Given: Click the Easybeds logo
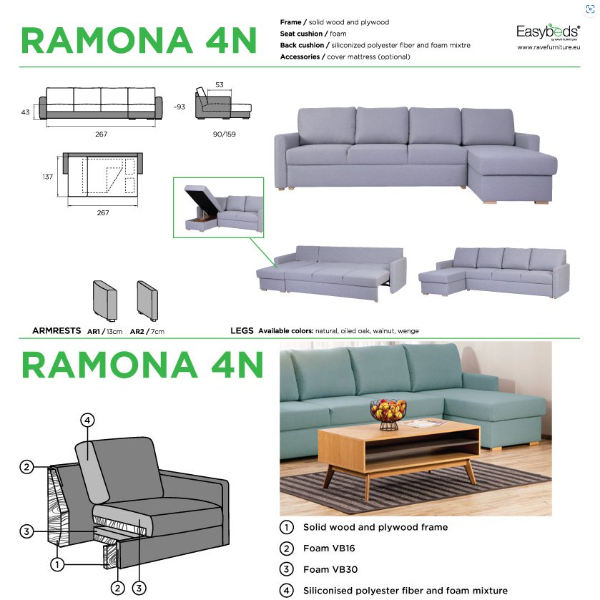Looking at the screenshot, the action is click(x=548, y=31).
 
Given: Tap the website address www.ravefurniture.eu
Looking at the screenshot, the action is click(x=549, y=47).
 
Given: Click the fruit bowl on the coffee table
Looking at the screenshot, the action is click(x=388, y=414).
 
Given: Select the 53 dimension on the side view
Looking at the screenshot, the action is click(x=220, y=84).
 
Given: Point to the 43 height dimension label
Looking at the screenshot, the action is click(x=25, y=112).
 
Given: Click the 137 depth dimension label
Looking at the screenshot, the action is click(x=47, y=177).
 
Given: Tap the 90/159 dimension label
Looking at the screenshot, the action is click(x=225, y=134).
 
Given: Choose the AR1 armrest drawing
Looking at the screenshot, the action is click(x=105, y=301).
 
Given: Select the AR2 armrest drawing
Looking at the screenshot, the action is click(x=148, y=301).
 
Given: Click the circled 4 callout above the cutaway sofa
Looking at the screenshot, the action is click(x=87, y=421).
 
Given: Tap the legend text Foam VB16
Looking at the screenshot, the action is click(x=329, y=549).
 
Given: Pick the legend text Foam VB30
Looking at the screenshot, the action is click(x=330, y=569).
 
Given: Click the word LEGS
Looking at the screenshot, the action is click(x=242, y=330).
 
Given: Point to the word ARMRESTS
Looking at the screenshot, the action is click(x=56, y=330).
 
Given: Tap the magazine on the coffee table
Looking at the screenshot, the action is click(x=425, y=423).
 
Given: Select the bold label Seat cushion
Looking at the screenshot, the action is click(x=301, y=34).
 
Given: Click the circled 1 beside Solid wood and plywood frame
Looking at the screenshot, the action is click(x=287, y=527).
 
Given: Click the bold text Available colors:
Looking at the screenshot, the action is click(x=286, y=331).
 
